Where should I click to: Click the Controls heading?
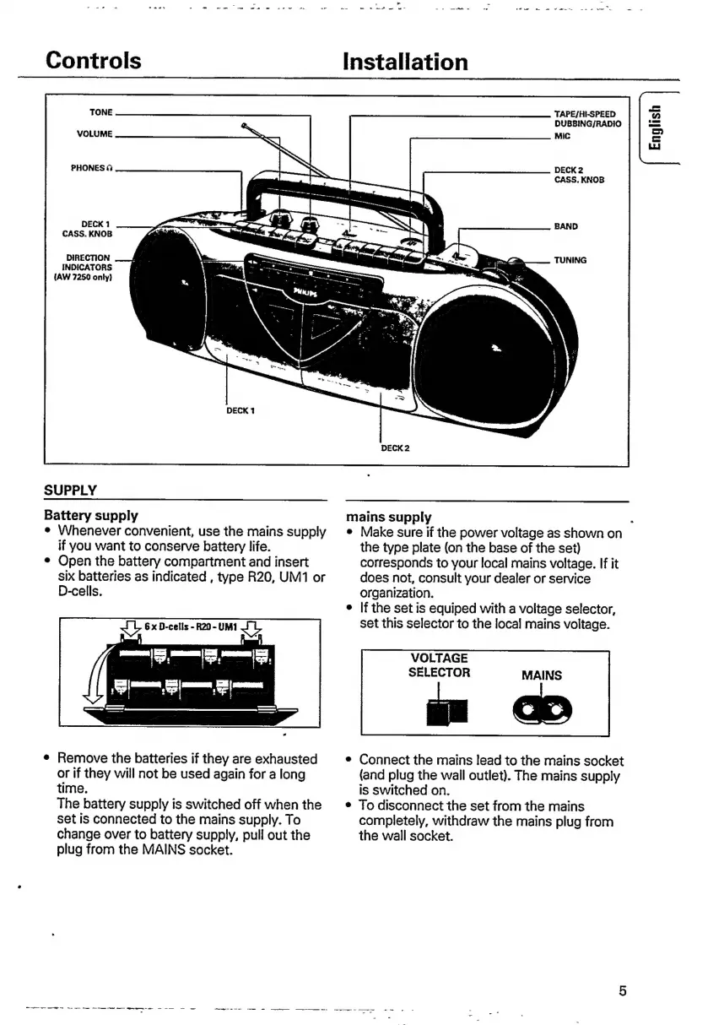(93, 61)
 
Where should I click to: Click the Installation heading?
(406, 62)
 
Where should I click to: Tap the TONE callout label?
(100, 112)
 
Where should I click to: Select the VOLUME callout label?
(95, 134)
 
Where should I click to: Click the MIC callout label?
(562, 135)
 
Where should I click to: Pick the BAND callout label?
(566, 226)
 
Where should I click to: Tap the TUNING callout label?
(570, 260)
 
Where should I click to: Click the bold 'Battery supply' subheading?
(91, 514)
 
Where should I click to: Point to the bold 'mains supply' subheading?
(389, 516)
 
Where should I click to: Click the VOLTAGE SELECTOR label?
(439, 665)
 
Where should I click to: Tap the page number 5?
(622, 991)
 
